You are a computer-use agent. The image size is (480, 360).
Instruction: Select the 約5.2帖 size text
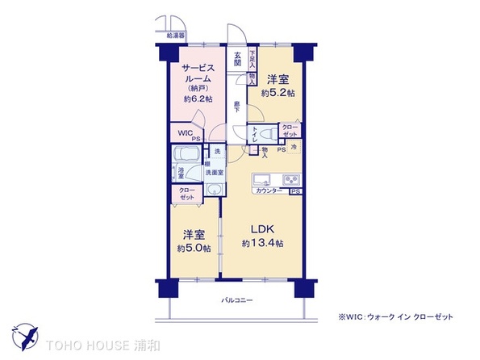(x=281, y=94)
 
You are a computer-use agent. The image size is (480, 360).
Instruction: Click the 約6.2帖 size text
(x=198, y=98)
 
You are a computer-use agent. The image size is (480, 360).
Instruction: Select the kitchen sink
(x=263, y=179)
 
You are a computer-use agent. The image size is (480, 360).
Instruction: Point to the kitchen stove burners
(x=290, y=179)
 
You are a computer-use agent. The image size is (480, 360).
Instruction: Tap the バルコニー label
(x=238, y=301)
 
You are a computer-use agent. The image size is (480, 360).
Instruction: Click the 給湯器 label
(x=176, y=36)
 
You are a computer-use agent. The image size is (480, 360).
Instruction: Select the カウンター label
(x=268, y=190)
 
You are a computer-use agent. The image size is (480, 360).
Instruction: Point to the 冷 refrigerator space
(x=294, y=148)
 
